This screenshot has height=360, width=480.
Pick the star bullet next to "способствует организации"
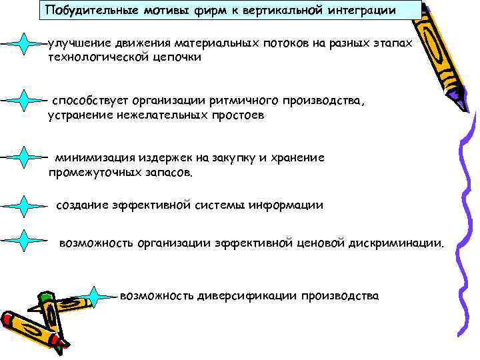coord(24,101)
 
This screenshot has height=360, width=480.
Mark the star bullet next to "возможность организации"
coord(24,241)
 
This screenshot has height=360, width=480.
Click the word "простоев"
coord(235,116)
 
